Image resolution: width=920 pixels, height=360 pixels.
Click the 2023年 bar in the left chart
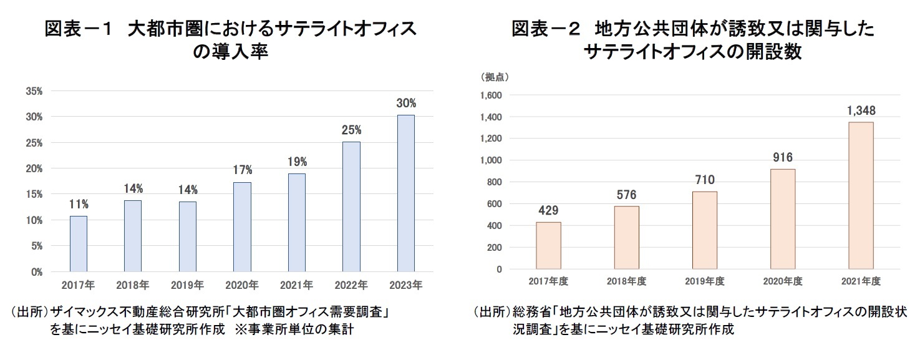pos(405,193)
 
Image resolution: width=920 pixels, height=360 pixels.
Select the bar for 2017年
pos(78,244)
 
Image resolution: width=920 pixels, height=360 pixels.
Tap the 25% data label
pos(351,130)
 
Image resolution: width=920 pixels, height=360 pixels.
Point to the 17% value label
pos(242,170)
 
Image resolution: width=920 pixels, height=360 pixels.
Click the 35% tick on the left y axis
pos(34,91)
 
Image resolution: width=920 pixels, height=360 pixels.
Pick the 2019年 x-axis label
pos(187,285)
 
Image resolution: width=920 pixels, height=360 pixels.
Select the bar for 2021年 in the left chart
pos(296,223)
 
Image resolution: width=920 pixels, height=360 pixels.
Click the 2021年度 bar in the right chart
pos(861,195)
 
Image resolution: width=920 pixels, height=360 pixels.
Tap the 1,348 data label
pos(861,110)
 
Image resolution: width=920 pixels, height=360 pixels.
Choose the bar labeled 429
pos(548,245)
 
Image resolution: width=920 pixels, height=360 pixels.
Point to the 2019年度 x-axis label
pos(705,281)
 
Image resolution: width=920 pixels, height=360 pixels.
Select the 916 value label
pos(783,158)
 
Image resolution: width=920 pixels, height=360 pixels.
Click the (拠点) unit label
pos(495,77)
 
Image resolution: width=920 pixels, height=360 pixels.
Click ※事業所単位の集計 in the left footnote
pos(294,329)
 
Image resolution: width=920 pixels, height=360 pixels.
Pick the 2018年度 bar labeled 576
pos(627,237)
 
